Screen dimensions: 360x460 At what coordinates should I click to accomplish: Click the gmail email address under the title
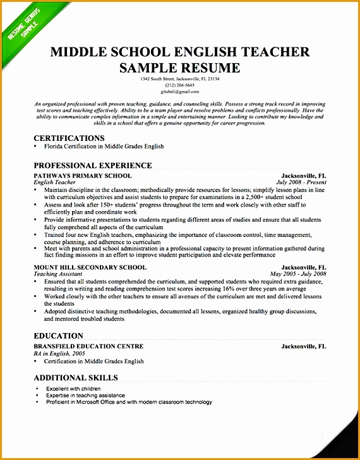coord(179,91)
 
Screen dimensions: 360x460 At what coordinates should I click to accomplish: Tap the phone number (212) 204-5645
coord(179,85)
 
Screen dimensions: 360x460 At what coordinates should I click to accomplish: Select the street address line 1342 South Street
coord(180,79)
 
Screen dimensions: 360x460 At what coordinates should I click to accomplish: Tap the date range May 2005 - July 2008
coord(297,274)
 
